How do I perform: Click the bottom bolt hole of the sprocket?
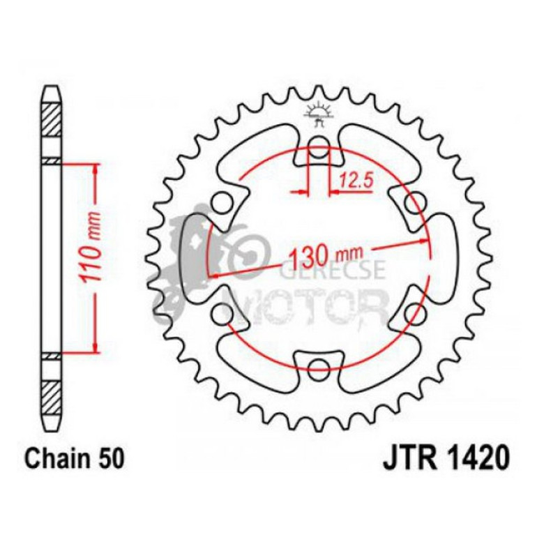click(x=319, y=365)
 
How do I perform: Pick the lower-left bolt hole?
click(x=225, y=310)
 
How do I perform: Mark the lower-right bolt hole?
click(x=413, y=310)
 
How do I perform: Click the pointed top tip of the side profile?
click(x=52, y=88)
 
